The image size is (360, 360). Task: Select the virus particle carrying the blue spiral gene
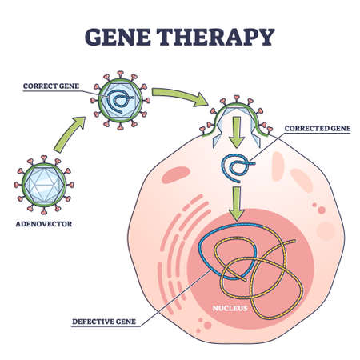tap(121, 99)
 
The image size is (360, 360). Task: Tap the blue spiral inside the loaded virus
tap(121, 101)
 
